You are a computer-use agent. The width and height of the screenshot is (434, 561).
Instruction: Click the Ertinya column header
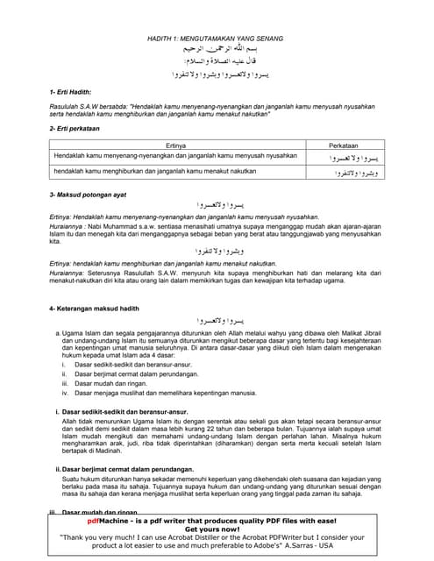pos(177,144)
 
